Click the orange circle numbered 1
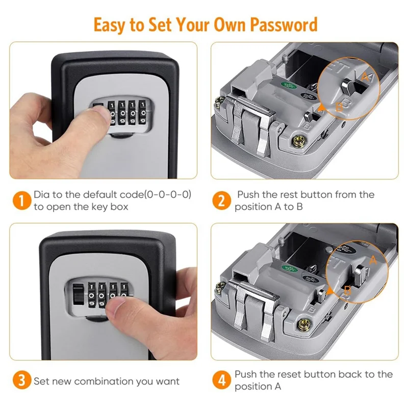(21, 201)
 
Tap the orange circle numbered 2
(221, 201)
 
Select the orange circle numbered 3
(21, 380)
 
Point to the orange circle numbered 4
(221, 380)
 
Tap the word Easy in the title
(111, 24)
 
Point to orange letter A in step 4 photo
(373, 261)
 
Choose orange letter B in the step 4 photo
(347, 290)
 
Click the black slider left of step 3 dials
(78, 296)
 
